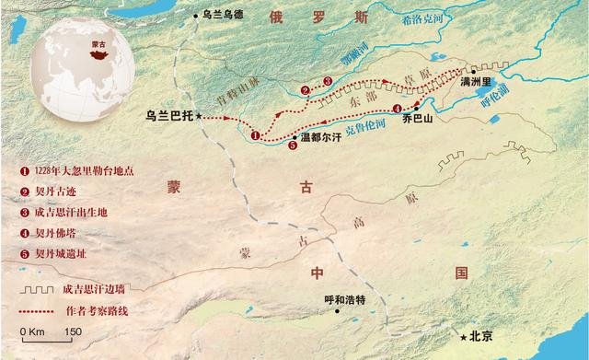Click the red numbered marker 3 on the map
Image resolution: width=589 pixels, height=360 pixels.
click(328, 82)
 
